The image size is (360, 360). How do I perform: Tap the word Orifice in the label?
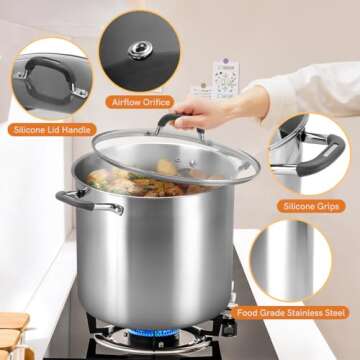pyautogui.click(x=157, y=102)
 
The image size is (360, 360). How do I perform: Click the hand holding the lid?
pyautogui.click(x=225, y=108)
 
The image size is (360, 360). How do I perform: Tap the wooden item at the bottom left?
pyautogui.click(x=12, y=335)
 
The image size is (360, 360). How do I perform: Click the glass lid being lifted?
pyautogui.click(x=180, y=160)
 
